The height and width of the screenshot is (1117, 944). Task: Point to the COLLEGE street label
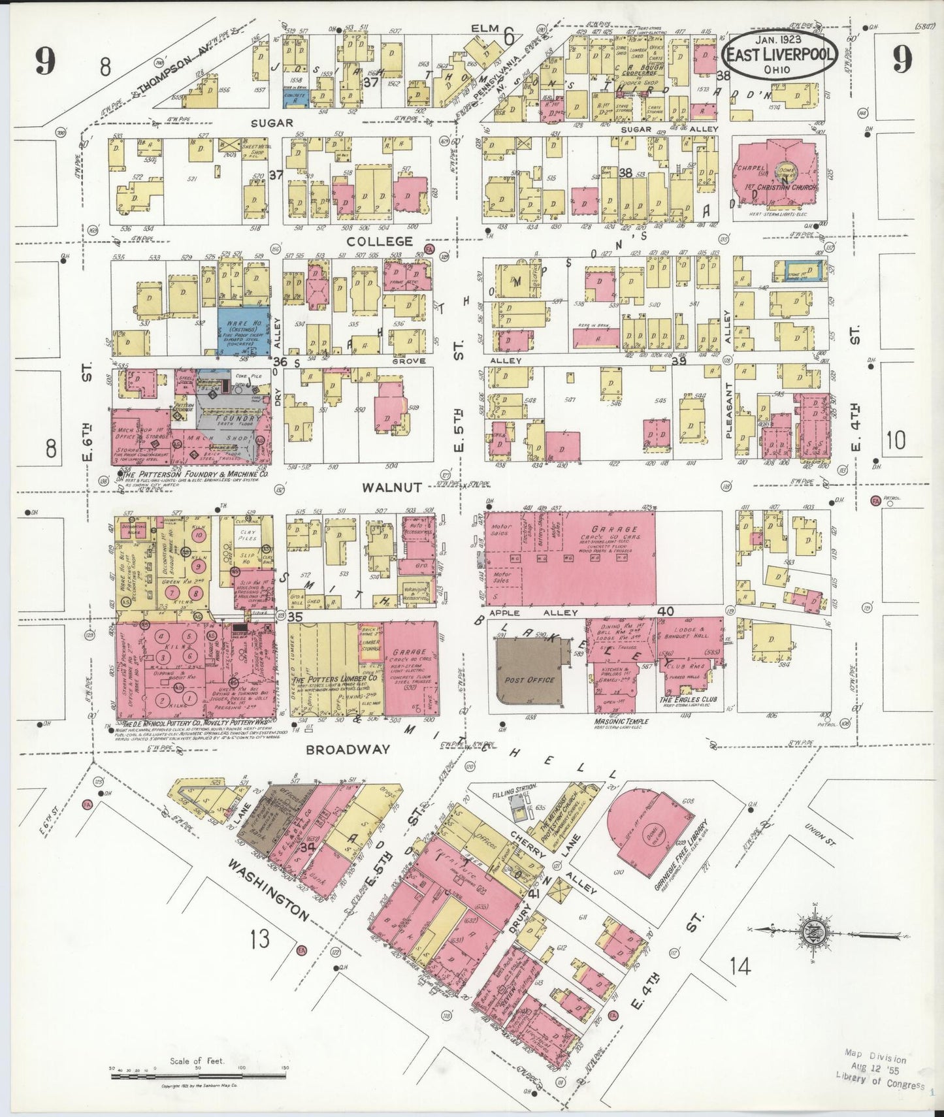(x=380, y=241)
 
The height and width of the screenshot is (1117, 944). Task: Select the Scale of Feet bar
(x=196, y=1069)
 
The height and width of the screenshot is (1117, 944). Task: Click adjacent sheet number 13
(x=260, y=939)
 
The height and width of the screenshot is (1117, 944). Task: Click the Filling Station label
(x=513, y=788)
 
